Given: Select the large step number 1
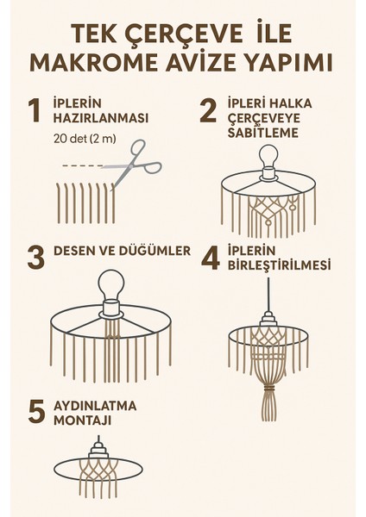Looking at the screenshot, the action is (x=35, y=110).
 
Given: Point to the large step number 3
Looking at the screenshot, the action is (x=36, y=257).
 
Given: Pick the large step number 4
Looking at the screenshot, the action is (x=211, y=257).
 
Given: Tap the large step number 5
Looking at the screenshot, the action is (x=36, y=411).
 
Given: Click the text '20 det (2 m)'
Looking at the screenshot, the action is (x=85, y=139).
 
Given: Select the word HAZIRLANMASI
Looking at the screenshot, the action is (x=101, y=118).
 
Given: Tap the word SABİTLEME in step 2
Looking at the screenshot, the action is (x=263, y=133).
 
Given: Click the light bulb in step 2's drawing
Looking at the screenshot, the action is (x=268, y=156).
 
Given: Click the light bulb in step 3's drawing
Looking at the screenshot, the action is (x=110, y=284).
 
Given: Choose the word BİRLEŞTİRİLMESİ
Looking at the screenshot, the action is (x=279, y=265).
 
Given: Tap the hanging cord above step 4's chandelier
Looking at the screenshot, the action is (x=268, y=295).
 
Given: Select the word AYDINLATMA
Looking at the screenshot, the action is (x=95, y=406).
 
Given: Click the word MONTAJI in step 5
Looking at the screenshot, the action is (x=82, y=420).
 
